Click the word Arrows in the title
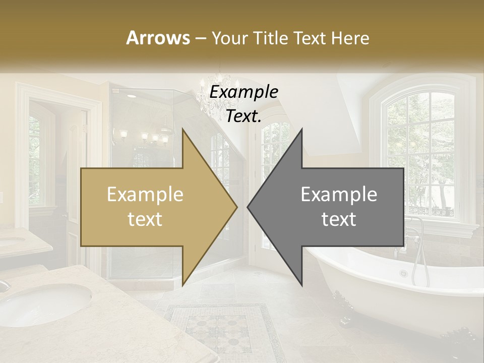[158, 38]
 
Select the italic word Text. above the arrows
[244, 116]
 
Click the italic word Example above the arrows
[244, 92]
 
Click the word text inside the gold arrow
[145, 219]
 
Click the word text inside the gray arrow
[339, 219]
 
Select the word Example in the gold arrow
[145, 195]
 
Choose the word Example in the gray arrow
[339, 195]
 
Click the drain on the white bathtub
[403, 274]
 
